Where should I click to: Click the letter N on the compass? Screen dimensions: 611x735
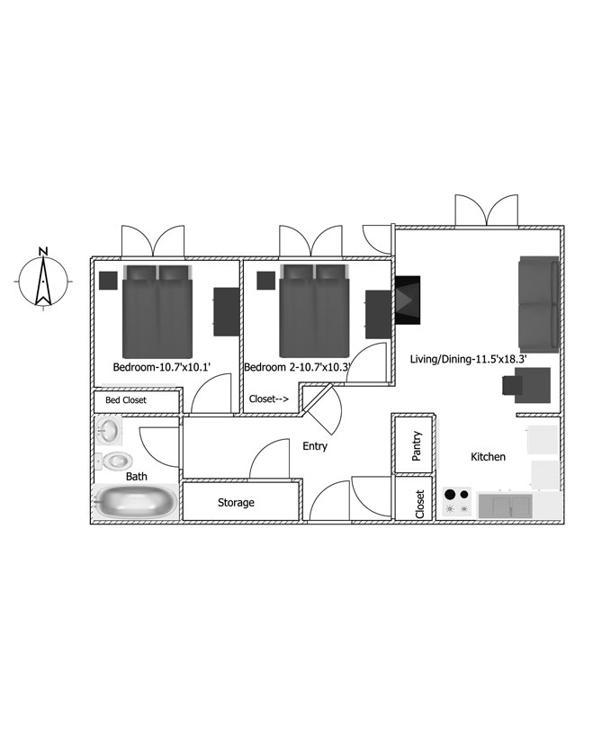[x=43, y=251]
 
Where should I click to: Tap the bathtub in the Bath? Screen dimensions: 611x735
[x=136, y=502]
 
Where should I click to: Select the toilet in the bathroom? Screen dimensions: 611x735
[x=113, y=462]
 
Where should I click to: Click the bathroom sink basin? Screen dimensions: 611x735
[x=109, y=430]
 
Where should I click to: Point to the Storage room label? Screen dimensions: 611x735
[x=236, y=503]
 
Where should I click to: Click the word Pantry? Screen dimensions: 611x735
[x=417, y=446]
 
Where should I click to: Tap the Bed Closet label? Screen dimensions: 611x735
[x=126, y=399]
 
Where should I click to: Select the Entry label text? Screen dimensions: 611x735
[x=315, y=446]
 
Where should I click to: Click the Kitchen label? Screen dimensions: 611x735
[x=488, y=456]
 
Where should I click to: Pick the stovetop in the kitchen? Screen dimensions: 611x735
[x=457, y=502]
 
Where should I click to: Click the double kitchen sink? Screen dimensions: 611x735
[x=505, y=506]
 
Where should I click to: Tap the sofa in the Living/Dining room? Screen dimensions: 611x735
[x=538, y=304]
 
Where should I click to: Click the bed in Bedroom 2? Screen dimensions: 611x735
[x=314, y=310]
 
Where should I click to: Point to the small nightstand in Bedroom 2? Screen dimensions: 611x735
[x=265, y=281]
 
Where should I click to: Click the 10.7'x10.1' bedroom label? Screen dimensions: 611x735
[x=185, y=367]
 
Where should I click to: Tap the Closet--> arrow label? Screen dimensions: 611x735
[x=269, y=399]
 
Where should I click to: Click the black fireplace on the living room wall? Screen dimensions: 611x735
[x=408, y=300]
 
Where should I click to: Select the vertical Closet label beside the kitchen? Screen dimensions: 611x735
[x=419, y=505]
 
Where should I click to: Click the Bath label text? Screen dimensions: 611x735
[x=137, y=477]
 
